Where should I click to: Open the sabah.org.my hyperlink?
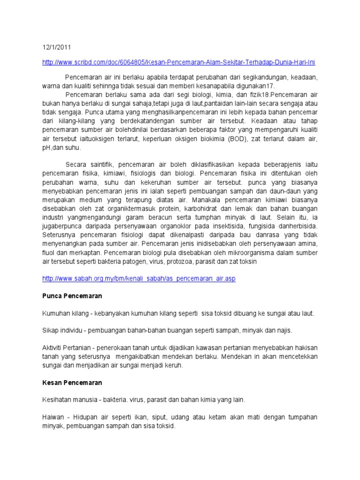[139, 278]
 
